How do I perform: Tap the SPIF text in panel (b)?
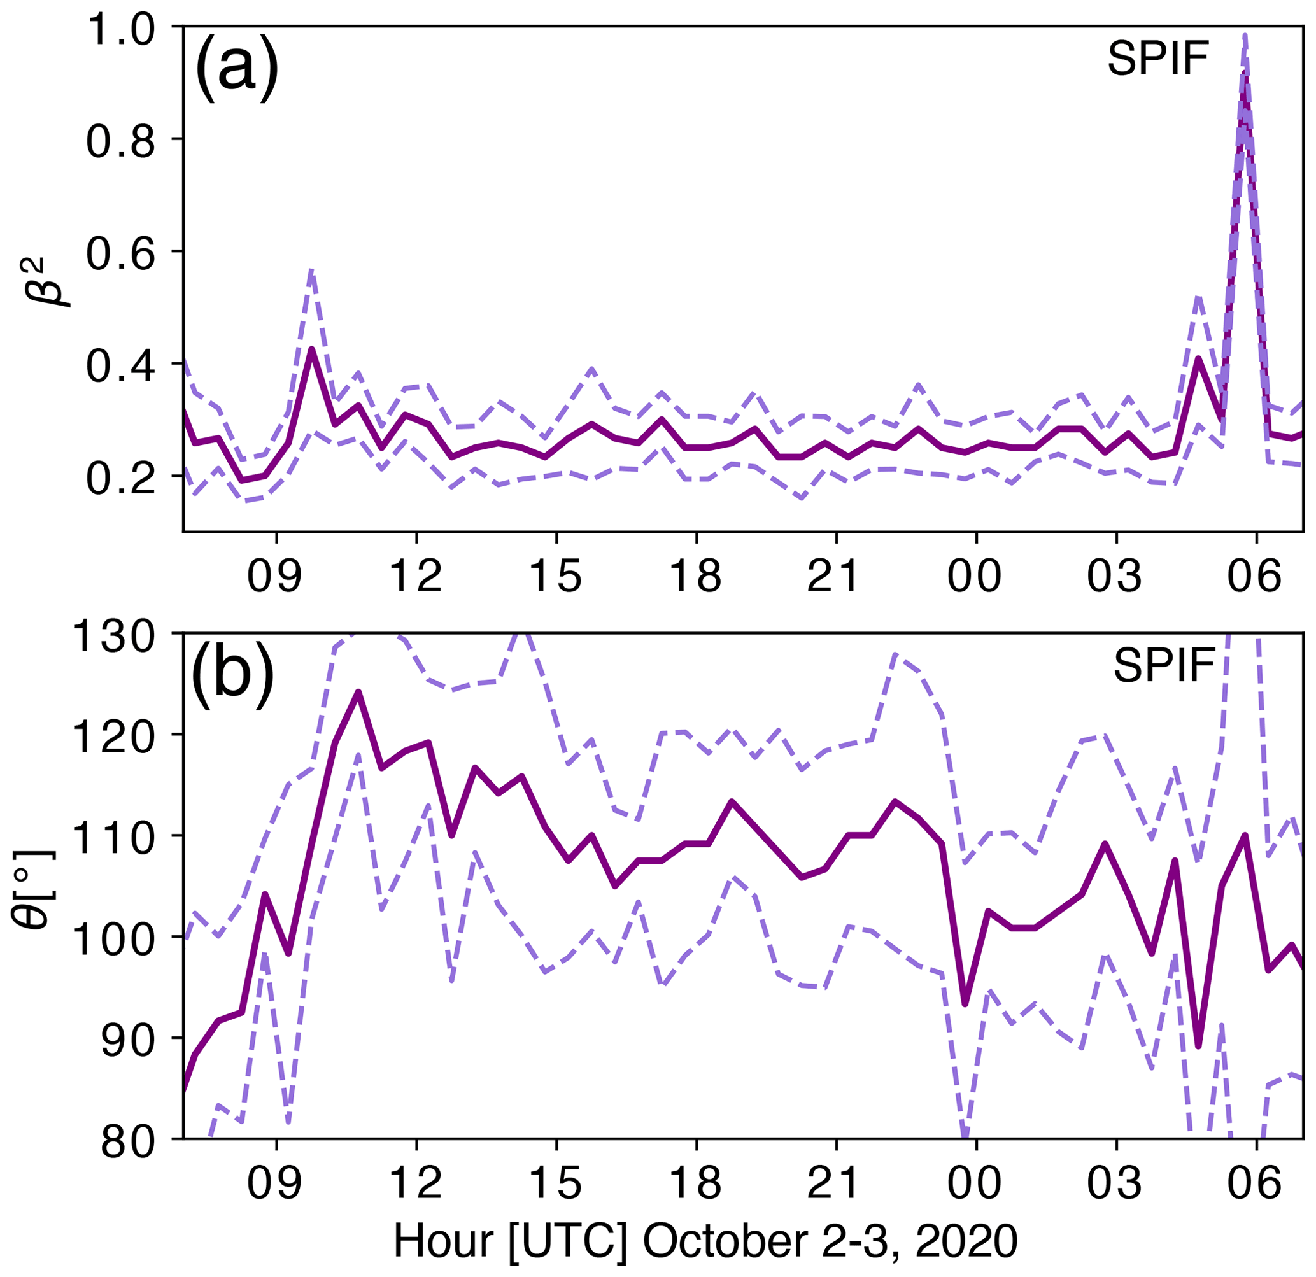(1164, 666)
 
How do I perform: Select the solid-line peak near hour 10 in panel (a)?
(312, 349)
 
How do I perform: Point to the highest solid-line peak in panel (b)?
(358, 691)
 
